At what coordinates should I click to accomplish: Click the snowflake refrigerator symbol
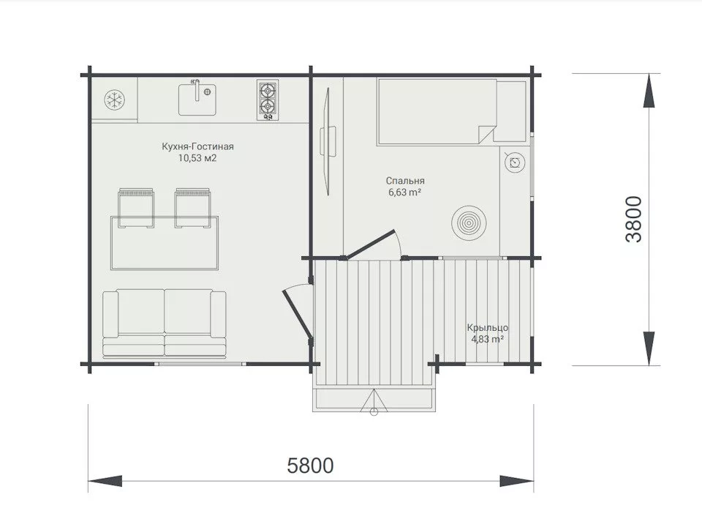pyautogui.click(x=115, y=100)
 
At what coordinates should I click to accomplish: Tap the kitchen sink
pyautogui.click(x=197, y=99)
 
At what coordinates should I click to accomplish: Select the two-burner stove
pyautogui.click(x=268, y=100)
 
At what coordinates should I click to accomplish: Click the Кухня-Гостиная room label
pyautogui.click(x=198, y=146)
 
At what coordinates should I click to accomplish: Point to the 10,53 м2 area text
pyautogui.click(x=197, y=158)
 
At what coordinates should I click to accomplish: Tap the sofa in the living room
pyautogui.click(x=165, y=323)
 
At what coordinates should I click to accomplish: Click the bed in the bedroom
pyautogui.click(x=437, y=112)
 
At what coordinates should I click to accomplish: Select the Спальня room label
pyautogui.click(x=405, y=181)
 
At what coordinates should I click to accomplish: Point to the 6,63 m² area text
pyautogui.click(x=404, y=193)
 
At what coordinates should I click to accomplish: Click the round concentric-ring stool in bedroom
pyautogui.click(x=469, y=223)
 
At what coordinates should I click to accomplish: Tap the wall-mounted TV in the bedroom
pyautogui.click(x=328, y=141)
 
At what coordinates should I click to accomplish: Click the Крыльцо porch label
pyautogui.click(x=488, y=328)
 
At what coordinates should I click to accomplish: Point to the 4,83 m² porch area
pyautogui.click(x=488, y=339)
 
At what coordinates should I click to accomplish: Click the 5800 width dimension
pyautogui.click(x=310, y=466)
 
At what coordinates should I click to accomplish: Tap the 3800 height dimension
pyautogui.click(x=633, y=219)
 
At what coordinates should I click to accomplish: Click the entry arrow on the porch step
pyautogui.click(x=374, y=402)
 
